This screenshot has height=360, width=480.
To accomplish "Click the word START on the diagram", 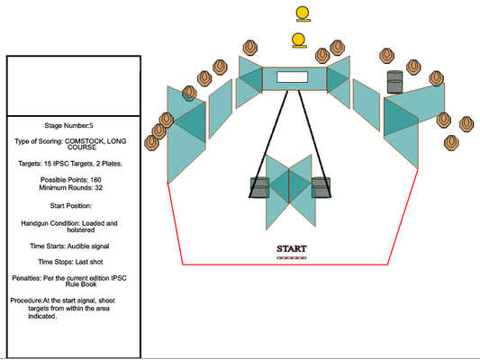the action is (x=292, y=248).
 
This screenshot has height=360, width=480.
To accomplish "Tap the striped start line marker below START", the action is (x=292, y=258).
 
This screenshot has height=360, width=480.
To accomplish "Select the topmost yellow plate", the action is (x=303, y=14).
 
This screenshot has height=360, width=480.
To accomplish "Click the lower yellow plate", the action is (x=299, y=40).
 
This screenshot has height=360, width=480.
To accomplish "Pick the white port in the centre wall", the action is (x=293, y=77).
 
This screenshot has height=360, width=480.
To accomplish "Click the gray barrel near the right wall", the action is (x=395, y=82).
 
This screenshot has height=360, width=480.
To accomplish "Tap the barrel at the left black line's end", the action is (x=259, y=187).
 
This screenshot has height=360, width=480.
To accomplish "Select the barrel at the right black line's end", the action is (x=322, y=187).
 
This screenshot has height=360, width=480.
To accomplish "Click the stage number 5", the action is (x=91, y=125).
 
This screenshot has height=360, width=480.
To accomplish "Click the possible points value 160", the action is (x=95, y=179).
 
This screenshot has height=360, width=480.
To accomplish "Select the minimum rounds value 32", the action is (x=98, y=187).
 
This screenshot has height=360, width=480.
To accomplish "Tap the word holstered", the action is (x=81, y=230).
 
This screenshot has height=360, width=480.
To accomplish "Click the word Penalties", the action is (x=26, y=278).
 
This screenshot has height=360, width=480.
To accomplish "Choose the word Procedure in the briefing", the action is (x=26, y=301).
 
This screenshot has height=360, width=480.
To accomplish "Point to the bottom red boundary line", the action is (x=285, y=265).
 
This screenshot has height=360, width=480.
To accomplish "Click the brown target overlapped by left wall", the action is (x=189, y=94).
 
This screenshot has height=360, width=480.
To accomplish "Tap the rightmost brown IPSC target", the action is (x=466, y=124).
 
